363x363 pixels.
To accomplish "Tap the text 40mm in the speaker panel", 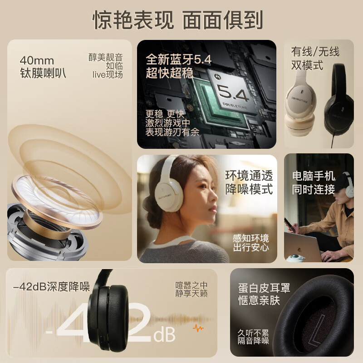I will click(37, 60).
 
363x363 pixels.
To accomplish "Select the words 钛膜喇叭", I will click(43, 73).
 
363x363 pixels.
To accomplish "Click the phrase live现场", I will click(108, 74).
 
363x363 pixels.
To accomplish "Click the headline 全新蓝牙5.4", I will click(178, 60).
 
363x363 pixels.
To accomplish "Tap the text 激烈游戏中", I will click(167, 123).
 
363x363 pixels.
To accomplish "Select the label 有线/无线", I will click(315, 52).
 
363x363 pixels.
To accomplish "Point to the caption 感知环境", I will click(251, 238).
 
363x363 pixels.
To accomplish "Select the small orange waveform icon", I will click(198, 327).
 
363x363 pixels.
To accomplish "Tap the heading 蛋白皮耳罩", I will click(264, 288).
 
